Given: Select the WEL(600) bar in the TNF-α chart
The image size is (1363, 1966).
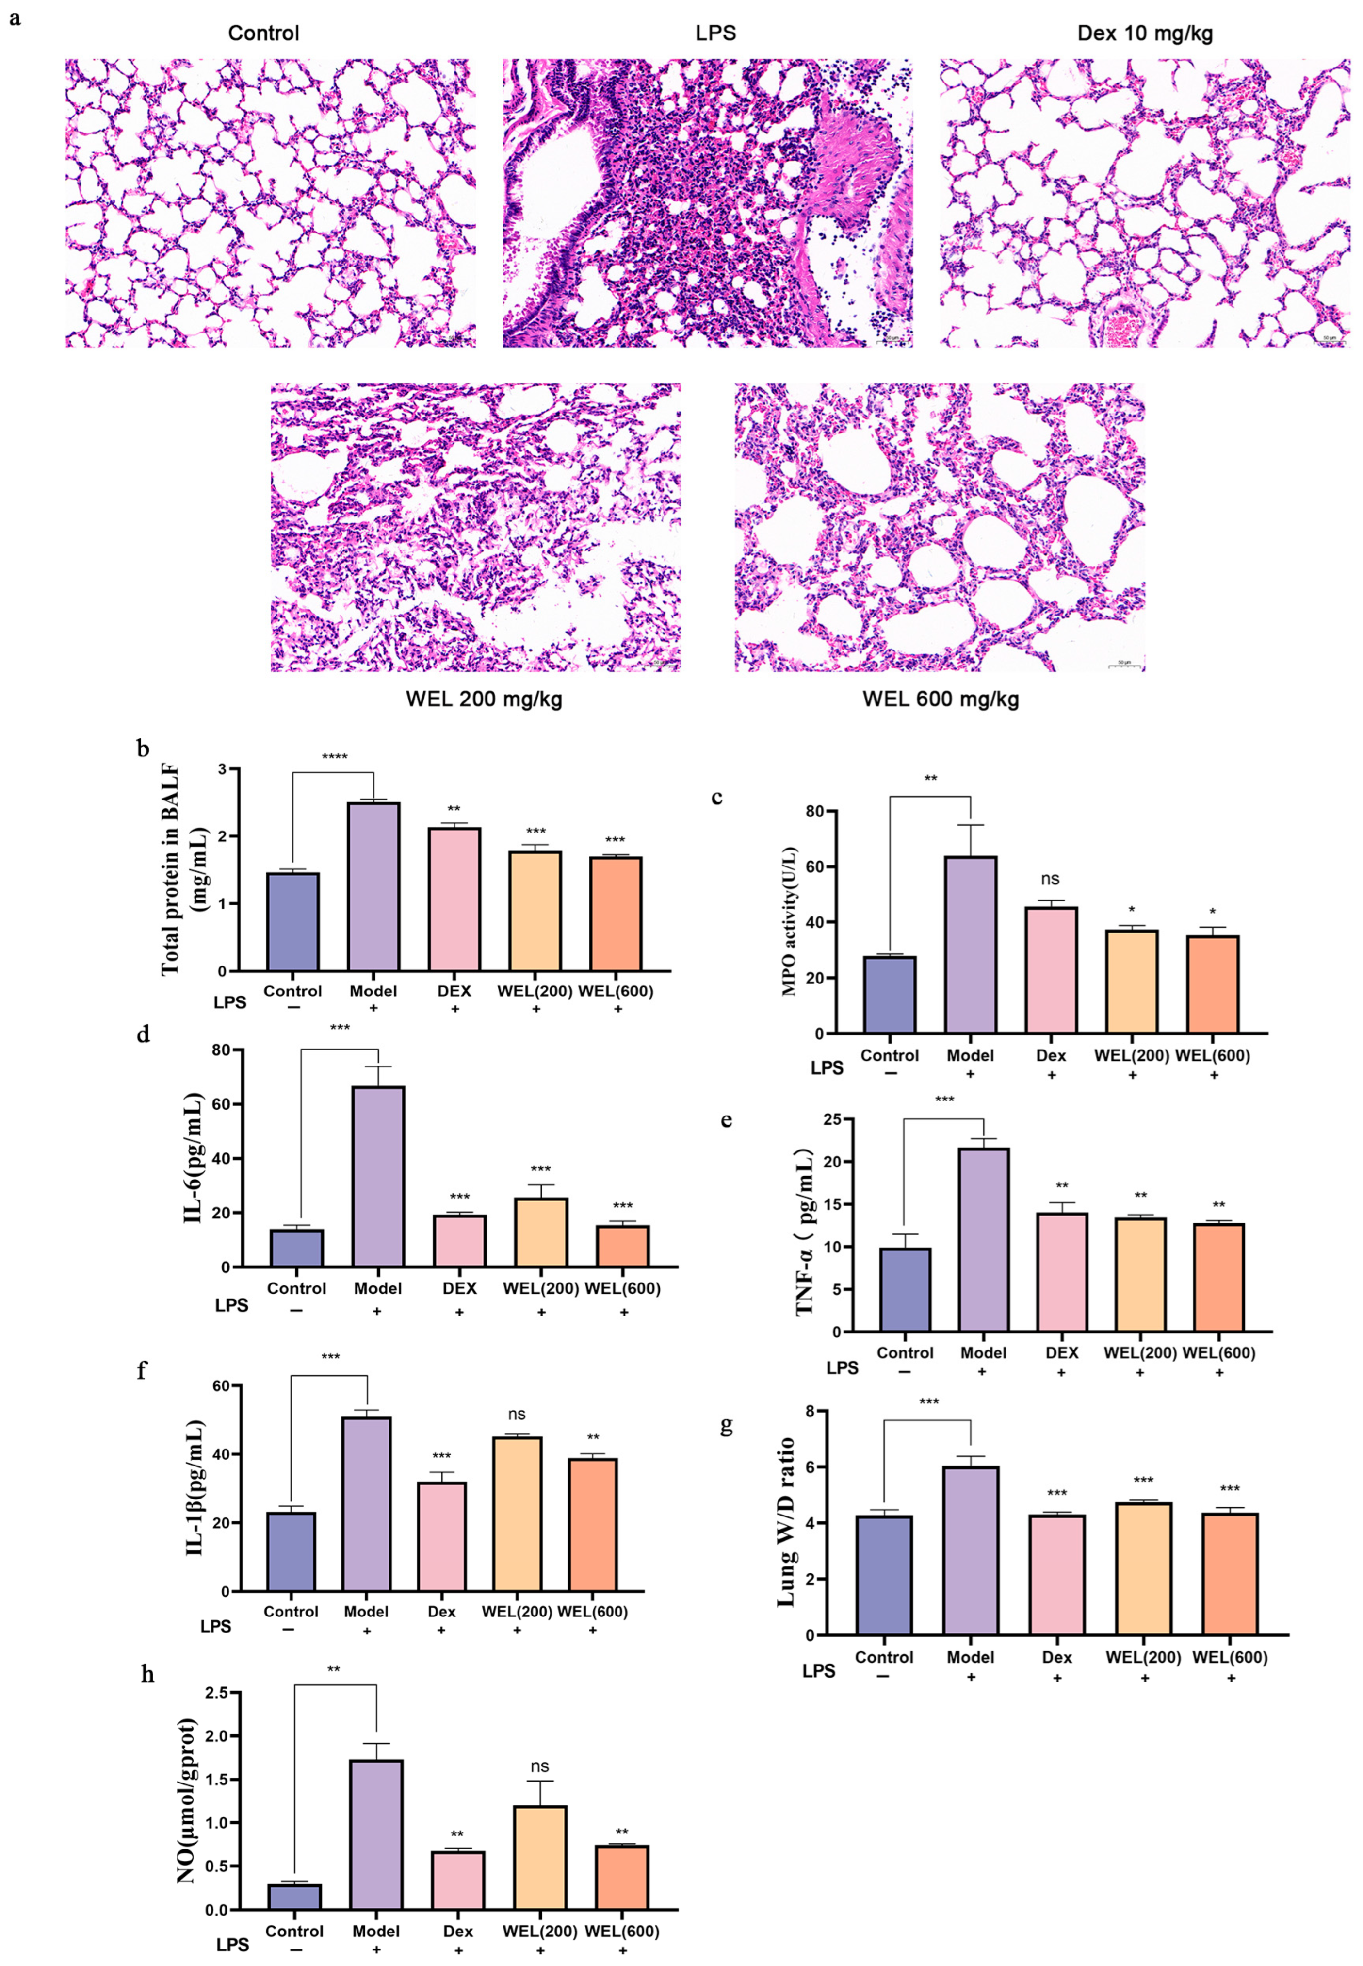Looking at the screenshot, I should (1218, 1277).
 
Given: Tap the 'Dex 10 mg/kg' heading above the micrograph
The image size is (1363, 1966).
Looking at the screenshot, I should (1144, 33).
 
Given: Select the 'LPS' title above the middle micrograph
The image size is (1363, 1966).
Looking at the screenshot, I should (715, 33).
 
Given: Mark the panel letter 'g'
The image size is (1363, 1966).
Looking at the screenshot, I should (727, 1426).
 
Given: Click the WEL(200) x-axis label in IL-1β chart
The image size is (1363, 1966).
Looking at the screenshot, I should (515, 1612).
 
